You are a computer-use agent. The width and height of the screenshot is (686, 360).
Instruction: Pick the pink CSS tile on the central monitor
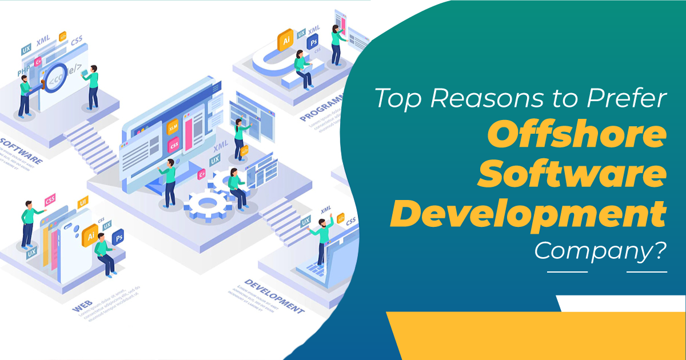pyautogui.click(x=174, y=146)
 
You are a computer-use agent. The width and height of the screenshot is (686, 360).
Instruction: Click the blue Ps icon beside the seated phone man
pyautogui.click(x=118, y=236)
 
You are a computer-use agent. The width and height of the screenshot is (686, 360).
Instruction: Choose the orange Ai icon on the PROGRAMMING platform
pyautogui.click(x=284, y=42)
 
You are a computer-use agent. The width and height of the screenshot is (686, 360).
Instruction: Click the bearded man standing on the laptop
pyautogui.click(x=323, y=240)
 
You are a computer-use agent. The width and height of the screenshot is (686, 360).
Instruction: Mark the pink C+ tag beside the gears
pyautogui.click(x=201, y=174)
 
